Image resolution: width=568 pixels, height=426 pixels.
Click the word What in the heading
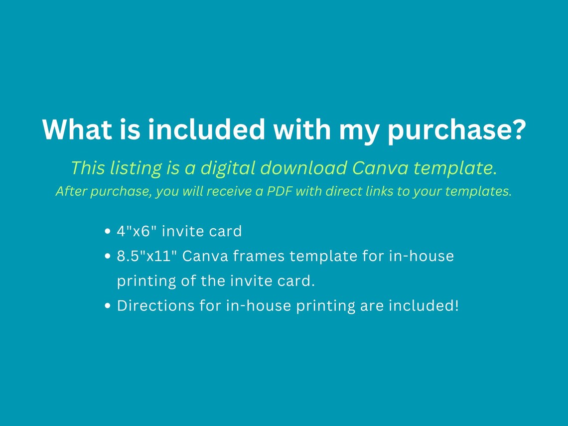click(x=77, y=130)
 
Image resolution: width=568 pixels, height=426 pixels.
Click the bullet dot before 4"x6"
click(x=107, y=232)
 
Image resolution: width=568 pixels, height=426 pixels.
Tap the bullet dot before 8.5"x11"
click(x=107, y=256)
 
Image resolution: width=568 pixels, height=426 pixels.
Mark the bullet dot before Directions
click(x=107, y=306)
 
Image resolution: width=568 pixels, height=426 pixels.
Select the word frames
click(x=259, y=256)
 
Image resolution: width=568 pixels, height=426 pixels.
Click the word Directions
click(x=156, y=306)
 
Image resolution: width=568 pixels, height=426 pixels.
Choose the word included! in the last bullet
click(x=424, y=306)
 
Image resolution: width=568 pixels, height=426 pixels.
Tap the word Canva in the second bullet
click(x=205, y=256)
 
